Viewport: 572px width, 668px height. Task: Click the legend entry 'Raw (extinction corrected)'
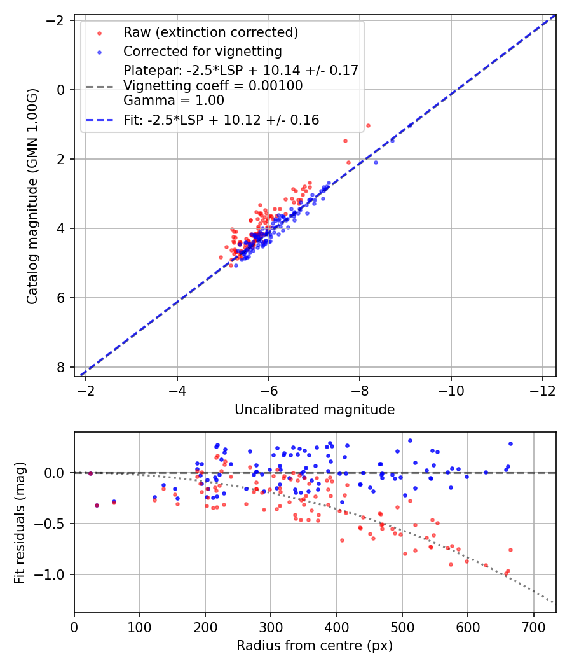coord(210,32)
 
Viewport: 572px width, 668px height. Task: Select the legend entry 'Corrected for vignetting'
coord(202,51)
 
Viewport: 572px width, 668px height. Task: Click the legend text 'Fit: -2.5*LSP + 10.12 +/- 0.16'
coord(221,120)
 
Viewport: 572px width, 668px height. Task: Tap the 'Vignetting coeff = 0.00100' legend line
coord(213,85)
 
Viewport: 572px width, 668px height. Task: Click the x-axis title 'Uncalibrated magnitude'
coord(315,410)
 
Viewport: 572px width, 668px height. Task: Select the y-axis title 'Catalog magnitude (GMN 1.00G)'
coord(32,196)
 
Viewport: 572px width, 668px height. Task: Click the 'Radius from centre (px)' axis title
coord(315,646)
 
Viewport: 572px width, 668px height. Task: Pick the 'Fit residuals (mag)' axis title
coord(20,522)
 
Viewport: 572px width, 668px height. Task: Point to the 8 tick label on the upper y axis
coord(61,367)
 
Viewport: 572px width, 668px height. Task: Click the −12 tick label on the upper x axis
coord(542,390)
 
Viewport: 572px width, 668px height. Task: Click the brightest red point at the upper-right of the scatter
coord(368,125)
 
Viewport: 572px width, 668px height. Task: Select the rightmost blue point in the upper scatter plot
coord(410,125)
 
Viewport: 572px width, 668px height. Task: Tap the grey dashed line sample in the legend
coord(99,86)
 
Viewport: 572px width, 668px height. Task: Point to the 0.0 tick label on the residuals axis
coord(57,473)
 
